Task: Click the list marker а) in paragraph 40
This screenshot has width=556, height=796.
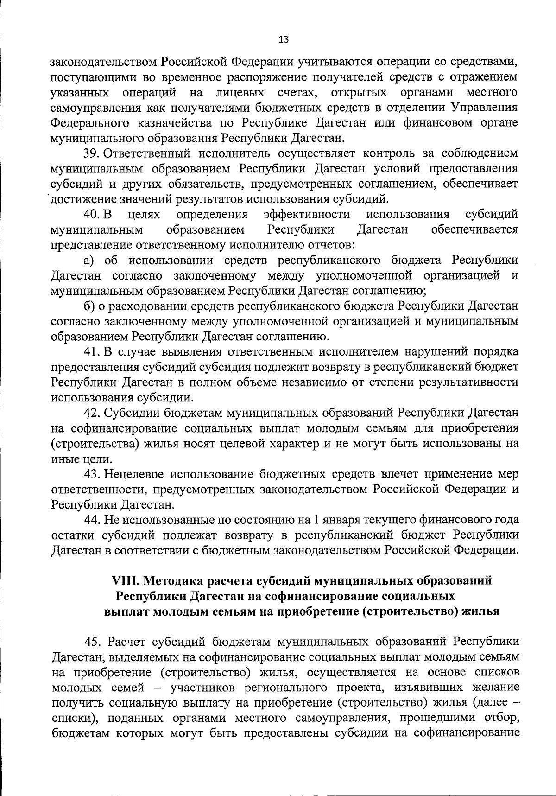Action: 89,260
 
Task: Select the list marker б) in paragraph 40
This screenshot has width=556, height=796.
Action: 89,306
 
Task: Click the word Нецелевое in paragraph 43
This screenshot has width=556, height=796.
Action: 133,474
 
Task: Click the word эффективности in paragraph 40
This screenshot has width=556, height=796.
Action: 306,214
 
